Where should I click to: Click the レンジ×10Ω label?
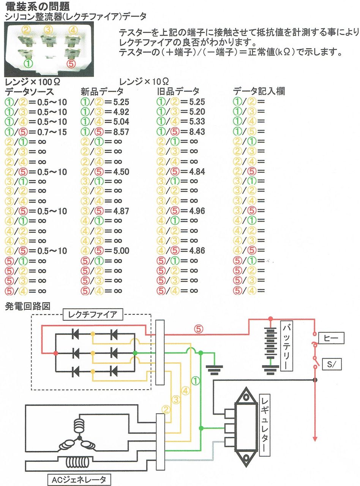[144, 81]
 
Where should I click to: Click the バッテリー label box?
[287, 346]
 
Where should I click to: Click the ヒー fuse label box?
[331, 337]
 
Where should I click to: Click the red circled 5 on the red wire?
[198, 329]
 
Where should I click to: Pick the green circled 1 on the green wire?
[196, 379]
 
